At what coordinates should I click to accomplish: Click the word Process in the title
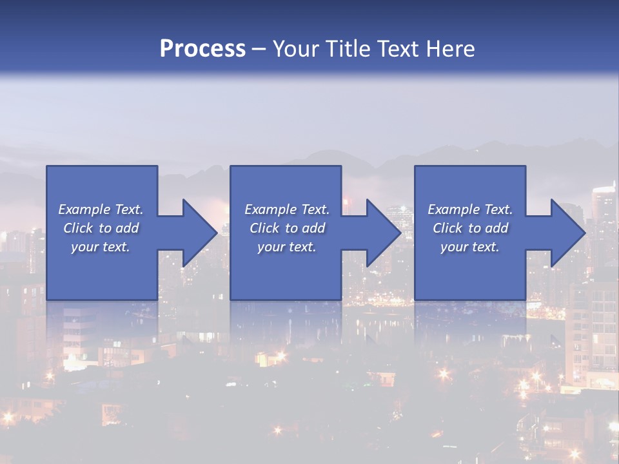pyautogui.click(x=202, y=49)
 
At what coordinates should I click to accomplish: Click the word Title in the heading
pyautogui.click(x=348, y=49)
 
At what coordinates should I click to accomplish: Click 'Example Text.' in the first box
pyautogui.click(x=101, y=209)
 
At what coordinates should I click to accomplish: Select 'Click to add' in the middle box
pyautogui.click(x=287, y=228)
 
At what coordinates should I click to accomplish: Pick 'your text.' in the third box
pyautogui.click(x=470, y=247)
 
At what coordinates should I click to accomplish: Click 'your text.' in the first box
pyautogui.click(x=101, y=247)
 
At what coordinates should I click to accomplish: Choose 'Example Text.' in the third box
pyautogui.click(x=470, y=209)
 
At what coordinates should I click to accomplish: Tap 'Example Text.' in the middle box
pyautogui.click(x=287, y=209)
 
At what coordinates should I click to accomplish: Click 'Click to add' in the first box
pyautogui.click(x=101, y=228)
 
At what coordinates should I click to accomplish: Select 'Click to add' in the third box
pyautogui.click(x=470, y=228)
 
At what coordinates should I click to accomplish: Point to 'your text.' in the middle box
pyautogui.click(x=287, y=247)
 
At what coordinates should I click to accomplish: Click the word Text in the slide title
pyautogui.click(x=400, y=49)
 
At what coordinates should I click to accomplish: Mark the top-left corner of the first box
pyautogui.click(x=47, y=166)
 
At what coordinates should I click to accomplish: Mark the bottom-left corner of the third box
pyautogui.click(x=415, y=299)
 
